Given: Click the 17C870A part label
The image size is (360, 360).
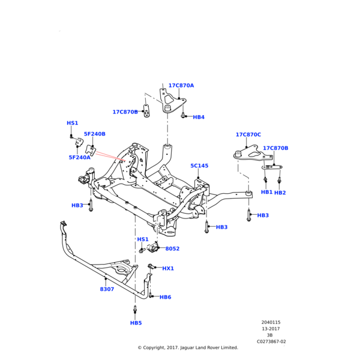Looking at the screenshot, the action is click(x=181, y=85).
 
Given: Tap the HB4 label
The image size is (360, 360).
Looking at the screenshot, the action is click(x=199, y=117).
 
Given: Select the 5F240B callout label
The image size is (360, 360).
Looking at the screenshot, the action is click(x=95, y=134).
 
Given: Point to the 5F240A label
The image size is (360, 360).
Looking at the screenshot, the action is click(x=80, y=157).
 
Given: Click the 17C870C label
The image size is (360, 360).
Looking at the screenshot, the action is click(x=248, y=134).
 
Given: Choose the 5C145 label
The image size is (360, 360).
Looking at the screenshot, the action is click(x=199, y=166).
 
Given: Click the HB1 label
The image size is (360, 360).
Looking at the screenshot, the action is click(x=266, y=192).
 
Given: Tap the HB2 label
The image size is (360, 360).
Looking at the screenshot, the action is click(x=280, y=193).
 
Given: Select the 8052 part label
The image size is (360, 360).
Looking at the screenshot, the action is click(x=172, y=248).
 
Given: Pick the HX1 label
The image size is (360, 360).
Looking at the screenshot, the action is click(x=168, y=268).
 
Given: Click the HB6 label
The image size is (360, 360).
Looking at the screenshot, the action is click(x=166, y=297).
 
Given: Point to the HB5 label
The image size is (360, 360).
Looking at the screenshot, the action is click(x=136, y=323).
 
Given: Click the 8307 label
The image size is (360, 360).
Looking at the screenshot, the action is click(x=107, y=289).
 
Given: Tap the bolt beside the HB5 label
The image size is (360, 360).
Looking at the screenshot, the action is click(x=135, y=310).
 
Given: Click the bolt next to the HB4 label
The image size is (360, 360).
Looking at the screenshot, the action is click(x=183, y=115).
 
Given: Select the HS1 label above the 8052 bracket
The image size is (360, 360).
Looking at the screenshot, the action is click(x=143, y=239).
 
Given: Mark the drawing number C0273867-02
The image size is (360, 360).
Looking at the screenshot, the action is click(x=271, y=341).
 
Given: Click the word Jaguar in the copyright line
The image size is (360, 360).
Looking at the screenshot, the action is click(x=187, y=347).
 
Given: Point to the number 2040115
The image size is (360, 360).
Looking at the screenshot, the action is click(x=271, y=322).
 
